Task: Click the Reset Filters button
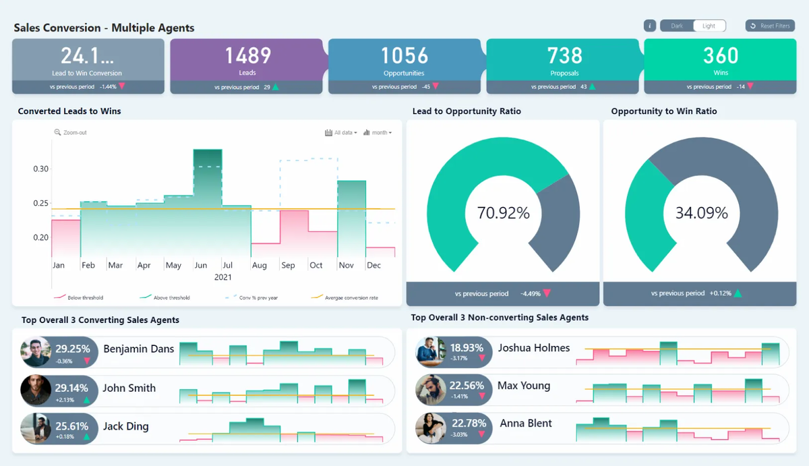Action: tap(770, 26)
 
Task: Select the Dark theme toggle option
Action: tap(676, 26)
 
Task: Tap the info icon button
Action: tap(650, 26)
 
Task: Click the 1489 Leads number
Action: tap(247, 55)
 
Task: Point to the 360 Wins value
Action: tap(721, 55)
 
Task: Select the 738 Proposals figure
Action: tap(564, 55)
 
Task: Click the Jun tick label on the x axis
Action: tap(201, 265)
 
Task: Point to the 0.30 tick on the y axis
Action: tap(41, 169)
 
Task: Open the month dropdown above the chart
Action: tap(378, 133)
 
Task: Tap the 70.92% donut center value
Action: tap(503, 213)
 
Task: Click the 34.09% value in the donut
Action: tap(702, 213)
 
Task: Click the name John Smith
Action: tap(129, 388)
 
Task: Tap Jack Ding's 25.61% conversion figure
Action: tap(72, 426)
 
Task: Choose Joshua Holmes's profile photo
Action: tap(430, 351)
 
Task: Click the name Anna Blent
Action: tap(526, 424)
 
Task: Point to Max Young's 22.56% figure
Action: tap(467, 386)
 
